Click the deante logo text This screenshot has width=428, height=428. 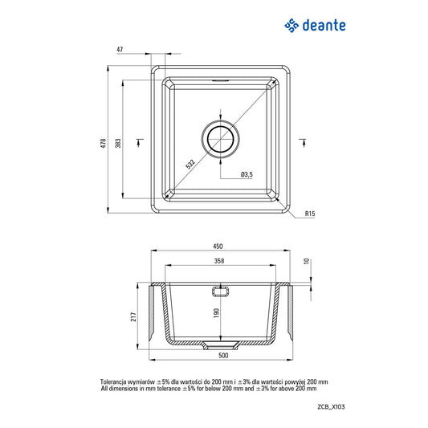324,26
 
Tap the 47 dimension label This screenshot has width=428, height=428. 120,50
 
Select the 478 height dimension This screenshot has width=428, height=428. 103,143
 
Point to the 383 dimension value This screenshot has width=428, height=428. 118,143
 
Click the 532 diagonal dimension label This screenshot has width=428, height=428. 190,164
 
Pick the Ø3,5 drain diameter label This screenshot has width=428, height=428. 247,174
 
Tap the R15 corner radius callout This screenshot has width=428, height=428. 310,214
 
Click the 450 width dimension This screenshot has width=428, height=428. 218,247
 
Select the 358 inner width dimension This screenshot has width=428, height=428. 219,261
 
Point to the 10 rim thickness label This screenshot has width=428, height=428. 307,261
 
